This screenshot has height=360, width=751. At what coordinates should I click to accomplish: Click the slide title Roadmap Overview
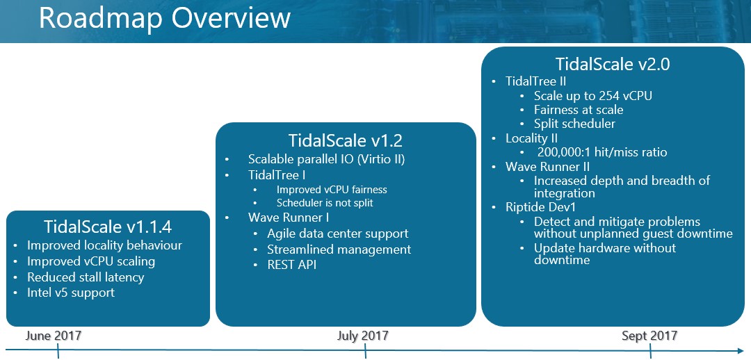tap(164, 17)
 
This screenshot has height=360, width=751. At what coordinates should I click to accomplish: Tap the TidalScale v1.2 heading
tap(346, 141)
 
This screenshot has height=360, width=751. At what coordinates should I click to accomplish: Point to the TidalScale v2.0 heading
tap(613, 64)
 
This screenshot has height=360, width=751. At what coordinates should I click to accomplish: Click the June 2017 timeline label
tap(53, 336)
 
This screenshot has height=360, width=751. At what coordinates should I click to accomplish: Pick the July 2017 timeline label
tap(362, 336)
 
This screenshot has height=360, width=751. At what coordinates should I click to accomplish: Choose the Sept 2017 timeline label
tap(649, 336)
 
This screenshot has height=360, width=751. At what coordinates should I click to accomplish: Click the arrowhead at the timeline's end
tap(741, 350)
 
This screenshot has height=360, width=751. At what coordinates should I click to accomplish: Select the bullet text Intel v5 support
tap(71, 293)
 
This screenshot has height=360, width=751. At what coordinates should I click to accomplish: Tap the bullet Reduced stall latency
tap(86, 277)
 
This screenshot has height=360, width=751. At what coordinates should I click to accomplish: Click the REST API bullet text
tap(291, 265)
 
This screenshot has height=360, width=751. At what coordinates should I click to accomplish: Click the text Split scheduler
tap(574, 124)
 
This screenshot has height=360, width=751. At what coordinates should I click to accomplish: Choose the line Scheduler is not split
tap(325, 203)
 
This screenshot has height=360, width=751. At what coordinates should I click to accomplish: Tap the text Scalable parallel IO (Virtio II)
tap(327, 159)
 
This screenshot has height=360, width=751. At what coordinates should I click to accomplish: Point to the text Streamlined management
tap(339, 249)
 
